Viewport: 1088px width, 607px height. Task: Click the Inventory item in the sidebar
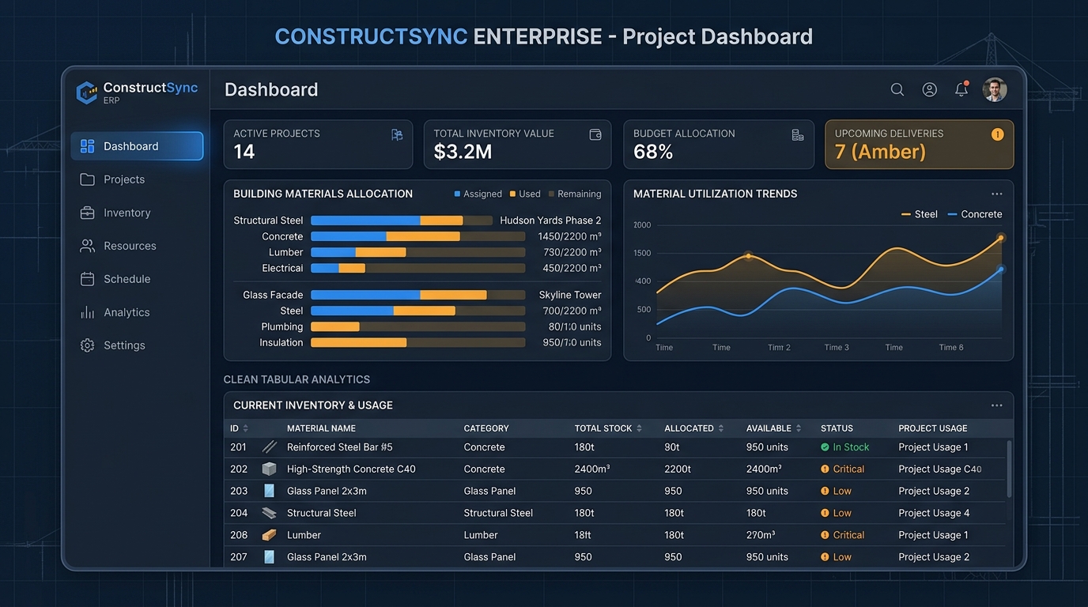[x=115, y=213]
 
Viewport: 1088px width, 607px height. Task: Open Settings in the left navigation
[x=113, y=345]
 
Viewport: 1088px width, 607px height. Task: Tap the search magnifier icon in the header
[x=897, y=89]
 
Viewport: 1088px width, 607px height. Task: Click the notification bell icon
[x=961, y=89]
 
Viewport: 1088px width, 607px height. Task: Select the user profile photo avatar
[x=994, y=90]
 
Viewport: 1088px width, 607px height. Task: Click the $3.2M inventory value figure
[x=463, y=152]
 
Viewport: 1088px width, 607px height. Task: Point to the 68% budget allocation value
[x=653, y=152]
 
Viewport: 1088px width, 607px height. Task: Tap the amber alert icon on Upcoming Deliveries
[x=997, y=134]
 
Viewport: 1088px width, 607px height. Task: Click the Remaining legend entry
[x=575, y=194]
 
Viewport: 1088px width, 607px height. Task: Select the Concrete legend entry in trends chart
[x=975, y=214]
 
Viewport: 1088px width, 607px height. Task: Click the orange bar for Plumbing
[x=335, y=326]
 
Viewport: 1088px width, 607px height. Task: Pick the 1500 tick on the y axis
[x=642, y=253]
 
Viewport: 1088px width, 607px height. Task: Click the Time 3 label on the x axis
[x=837, y=347]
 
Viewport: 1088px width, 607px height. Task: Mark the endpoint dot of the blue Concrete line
[x=1000, y=270]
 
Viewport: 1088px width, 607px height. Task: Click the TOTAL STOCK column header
[x=603, y=428]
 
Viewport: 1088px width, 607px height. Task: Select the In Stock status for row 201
[x=844, y=447]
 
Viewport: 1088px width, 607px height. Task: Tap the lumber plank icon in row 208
[x=269, y=535]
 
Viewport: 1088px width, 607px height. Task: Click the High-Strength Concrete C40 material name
[x=351, y=469]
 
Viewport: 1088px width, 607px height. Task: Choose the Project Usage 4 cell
[x=934, y=513]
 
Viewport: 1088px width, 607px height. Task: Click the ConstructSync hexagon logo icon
[x=87, y=92]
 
